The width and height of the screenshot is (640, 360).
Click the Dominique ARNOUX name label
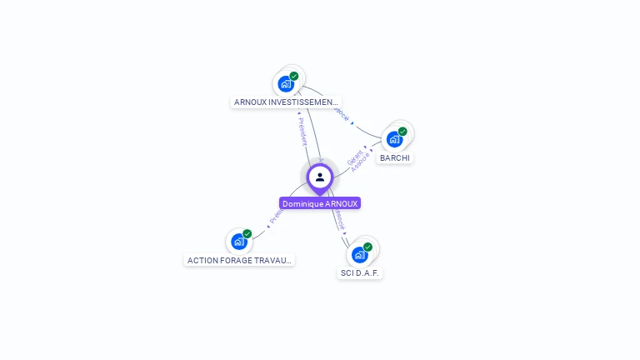pyautogui.click(x=320, y=203)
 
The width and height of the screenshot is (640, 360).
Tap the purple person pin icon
pyautogui.click(x=320, y=177)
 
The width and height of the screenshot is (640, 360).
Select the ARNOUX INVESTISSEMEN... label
pyautogui.click(x=286, y=102)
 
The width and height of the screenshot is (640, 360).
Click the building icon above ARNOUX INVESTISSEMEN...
pyautogui.click(x=286, y=84)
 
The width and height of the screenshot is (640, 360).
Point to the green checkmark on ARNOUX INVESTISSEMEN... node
pyautogui.click(x=294, y=76)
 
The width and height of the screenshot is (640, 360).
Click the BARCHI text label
pyautogui.click(x=395, y=157)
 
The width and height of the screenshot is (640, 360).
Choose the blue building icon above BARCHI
pyautogui.click(x=394, y=139)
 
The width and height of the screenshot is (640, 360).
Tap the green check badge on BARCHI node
pyautogui.click(x=402, y=131)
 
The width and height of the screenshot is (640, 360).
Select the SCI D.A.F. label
pyautogui.click(x=360, y=273)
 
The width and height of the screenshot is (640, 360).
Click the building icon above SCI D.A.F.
pyautogui.click(x=359, y=255)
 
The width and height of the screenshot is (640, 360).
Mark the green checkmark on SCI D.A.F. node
pyautogui.click(x=367, y=247)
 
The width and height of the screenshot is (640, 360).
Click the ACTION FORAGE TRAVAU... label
pyautogui.click(x=239, y=260)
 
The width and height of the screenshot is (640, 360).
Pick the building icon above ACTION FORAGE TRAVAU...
pyautogui.click(x=239, y=242)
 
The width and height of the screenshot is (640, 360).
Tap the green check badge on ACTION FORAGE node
pyautogui.click(x=247, y=233)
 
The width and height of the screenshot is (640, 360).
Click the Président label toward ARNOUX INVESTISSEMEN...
pyautogui.click(x=302, y=131)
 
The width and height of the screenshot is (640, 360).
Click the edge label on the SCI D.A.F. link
pyautogui.click(x=339, y=219)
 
